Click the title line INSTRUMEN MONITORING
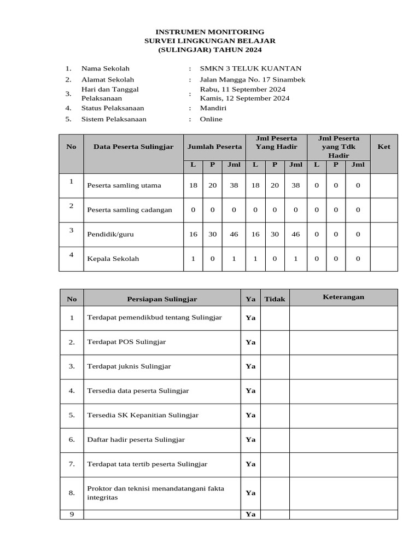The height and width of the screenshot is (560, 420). (210, 32)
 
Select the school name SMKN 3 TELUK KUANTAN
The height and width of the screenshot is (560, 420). (250, 68)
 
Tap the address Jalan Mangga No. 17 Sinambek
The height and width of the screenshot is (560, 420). (252, 80)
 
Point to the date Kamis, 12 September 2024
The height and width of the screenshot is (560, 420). (244, 98)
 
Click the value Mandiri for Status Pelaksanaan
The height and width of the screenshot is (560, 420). (213, 108)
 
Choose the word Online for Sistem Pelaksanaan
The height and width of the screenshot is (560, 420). (211, 119)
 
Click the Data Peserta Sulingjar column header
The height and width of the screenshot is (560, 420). (133, 147)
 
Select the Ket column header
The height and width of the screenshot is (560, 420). (384, 147)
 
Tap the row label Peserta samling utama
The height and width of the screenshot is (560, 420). (124, 185)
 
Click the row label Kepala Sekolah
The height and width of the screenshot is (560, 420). (113, 259)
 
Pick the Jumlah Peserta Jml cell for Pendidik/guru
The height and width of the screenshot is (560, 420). (234, 234)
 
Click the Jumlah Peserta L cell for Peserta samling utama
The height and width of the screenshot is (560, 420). (193, 185)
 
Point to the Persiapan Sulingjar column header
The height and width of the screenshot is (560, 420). (162, 299)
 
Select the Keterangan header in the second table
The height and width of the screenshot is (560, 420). (343, 297)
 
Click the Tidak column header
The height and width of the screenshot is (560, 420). (275, 299)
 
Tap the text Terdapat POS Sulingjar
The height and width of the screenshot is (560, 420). (126, 342)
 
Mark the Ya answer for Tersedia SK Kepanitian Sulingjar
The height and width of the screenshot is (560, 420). (250, 415)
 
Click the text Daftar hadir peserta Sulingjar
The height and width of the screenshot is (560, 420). (136, 439)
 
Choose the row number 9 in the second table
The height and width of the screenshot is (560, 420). (72, 514)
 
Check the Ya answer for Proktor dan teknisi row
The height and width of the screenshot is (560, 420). (250, 493)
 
